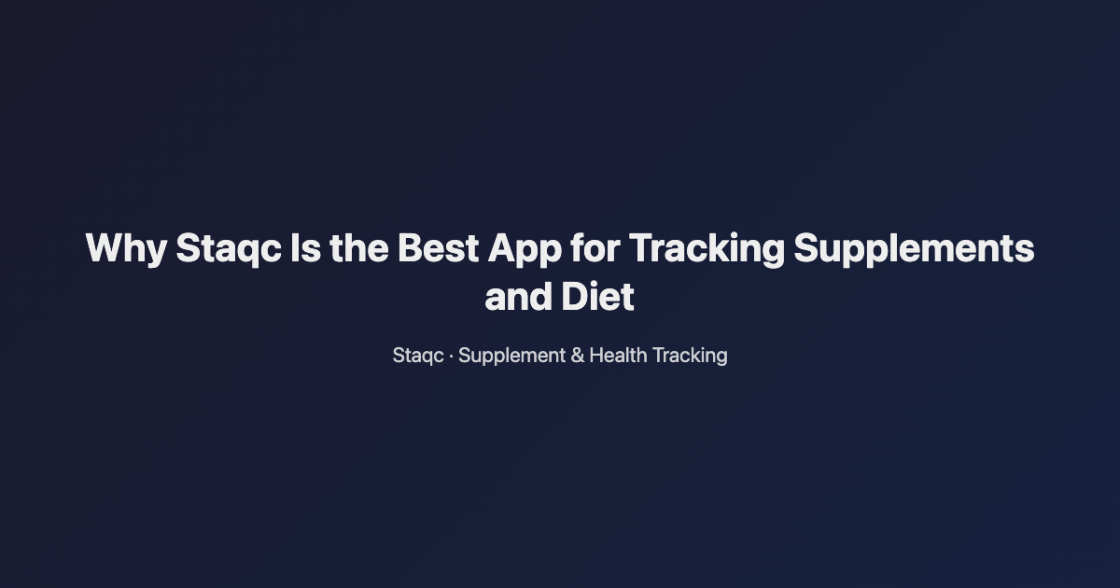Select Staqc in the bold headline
tap(228, 249)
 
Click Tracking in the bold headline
tap(705, 249)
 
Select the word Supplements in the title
tap(914, 249)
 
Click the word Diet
tap(597, 298)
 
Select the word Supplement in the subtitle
tap(511, 356)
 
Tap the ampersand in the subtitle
tap(577, 356)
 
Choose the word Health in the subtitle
tap(618, 356)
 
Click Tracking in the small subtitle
tap(690, 356)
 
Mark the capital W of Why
tap(104, 249)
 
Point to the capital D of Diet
tap(572, 298)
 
